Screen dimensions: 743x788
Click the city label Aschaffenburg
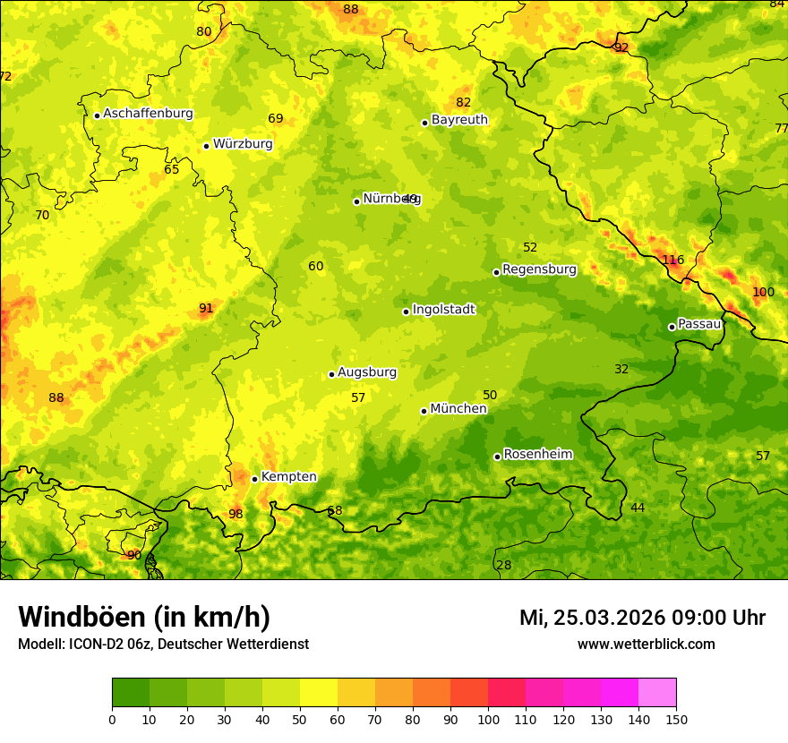[148, 114]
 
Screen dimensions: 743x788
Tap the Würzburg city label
[243, 144]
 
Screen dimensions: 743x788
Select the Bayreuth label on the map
[459, 120]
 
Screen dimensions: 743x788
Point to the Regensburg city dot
[496, 272]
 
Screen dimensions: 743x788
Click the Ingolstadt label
[443, 310]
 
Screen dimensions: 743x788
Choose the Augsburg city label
[367, 372]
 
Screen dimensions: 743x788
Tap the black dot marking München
[424, 411]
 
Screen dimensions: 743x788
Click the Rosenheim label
[537, 455]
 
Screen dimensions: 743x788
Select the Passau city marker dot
[672, 327]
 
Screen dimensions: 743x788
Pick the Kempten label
[288, 477]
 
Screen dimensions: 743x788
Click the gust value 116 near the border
[673, 260]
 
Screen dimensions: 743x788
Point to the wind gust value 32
[621, 369]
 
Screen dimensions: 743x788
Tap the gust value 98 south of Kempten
[236, 514]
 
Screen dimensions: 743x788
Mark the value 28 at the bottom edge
[504, 565]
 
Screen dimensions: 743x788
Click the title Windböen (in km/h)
[144, 617]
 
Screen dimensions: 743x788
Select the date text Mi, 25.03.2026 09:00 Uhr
[642, 618]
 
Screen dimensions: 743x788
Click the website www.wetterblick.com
[646, 645]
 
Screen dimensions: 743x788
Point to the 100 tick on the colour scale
[488, 719]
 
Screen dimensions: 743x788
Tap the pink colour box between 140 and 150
[657, 692]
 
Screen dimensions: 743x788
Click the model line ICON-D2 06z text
[163, 645]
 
